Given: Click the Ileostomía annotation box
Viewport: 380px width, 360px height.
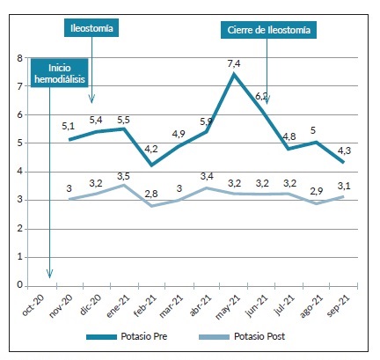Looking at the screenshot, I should pyautogui.click(x=91, y=29).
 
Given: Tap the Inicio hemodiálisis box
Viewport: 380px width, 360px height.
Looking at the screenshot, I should pyautogui.click(x=58, y=72).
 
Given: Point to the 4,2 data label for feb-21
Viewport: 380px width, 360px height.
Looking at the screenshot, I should pyautogui.click(x=151, y=149).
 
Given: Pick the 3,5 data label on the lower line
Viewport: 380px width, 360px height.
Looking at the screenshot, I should pyautogui.click(x=124, y=177).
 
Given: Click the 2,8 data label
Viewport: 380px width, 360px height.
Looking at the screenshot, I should pyautogui.click(x=151, y=194).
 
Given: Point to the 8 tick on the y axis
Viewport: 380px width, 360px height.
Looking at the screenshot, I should pyautogui.click(x=19, y=58).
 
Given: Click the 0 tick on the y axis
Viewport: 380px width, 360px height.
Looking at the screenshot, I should pyautogui.click(x=19, y=284).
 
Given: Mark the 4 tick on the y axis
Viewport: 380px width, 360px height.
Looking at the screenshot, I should pyautogui.click(x=19, y=172).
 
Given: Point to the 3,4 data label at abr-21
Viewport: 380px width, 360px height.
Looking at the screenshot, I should pyautogui.click(x=206, y=177).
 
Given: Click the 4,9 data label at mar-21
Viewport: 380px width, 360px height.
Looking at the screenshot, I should pyautogui.click(x=179, y=134).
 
